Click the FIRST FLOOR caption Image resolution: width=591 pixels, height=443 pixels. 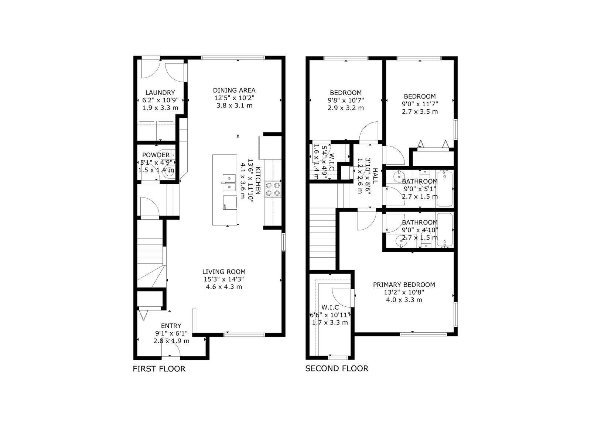(159, 368)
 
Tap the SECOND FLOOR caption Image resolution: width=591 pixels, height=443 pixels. (337, 368)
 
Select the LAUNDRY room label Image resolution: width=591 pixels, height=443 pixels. (160, 93)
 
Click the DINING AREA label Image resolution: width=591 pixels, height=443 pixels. (234, 90)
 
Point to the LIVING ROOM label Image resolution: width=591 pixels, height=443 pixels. (224, 272)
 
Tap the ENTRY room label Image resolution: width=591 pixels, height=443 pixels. (171, 326)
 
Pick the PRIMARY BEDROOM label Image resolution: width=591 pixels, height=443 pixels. (404, 285)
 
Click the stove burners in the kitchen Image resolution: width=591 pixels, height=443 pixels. (273, 189)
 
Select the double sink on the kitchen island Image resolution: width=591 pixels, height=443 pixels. (229, 182)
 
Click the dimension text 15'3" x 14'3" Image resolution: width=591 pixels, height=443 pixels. (224, 279)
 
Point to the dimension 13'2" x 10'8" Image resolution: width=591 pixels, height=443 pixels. (404, 292)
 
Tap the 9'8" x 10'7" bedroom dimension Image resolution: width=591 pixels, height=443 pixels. (346, 100)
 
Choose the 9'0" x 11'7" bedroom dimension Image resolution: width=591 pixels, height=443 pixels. (420, 104)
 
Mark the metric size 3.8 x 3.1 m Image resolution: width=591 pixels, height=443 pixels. (234, 106)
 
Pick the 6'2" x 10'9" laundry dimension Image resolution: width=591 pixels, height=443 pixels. (160, 100)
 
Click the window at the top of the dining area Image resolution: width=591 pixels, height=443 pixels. (233, 58)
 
